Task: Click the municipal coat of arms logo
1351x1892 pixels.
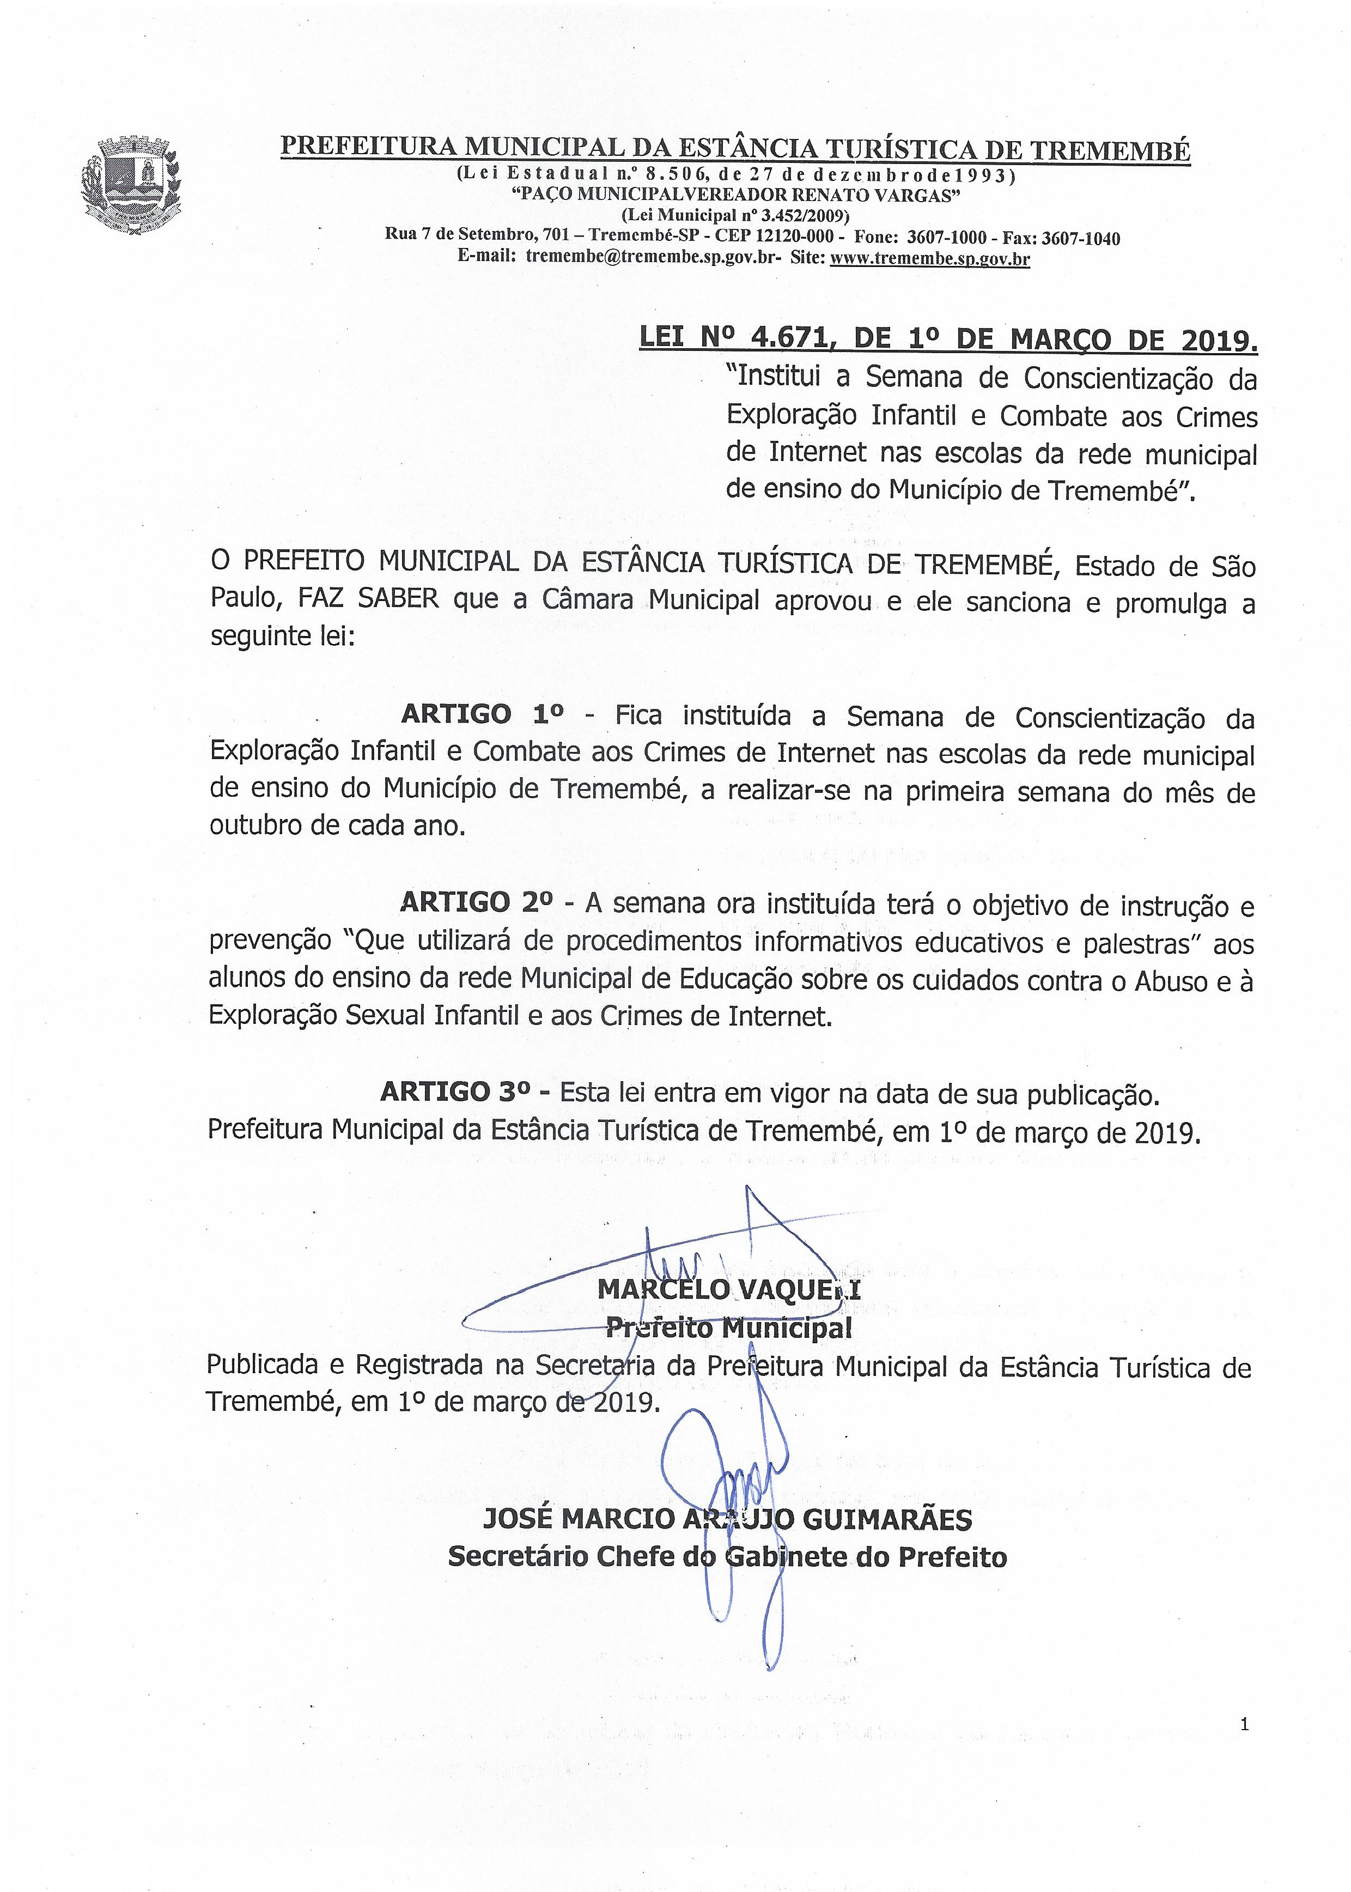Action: [x=131, y=185]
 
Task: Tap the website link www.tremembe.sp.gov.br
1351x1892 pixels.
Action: [x=930, y=259]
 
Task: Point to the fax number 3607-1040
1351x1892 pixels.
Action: [x=1083, y=238]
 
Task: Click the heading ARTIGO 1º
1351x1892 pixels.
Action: [x=482, y=714]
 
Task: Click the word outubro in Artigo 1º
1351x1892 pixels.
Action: [x=256, y=827]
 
